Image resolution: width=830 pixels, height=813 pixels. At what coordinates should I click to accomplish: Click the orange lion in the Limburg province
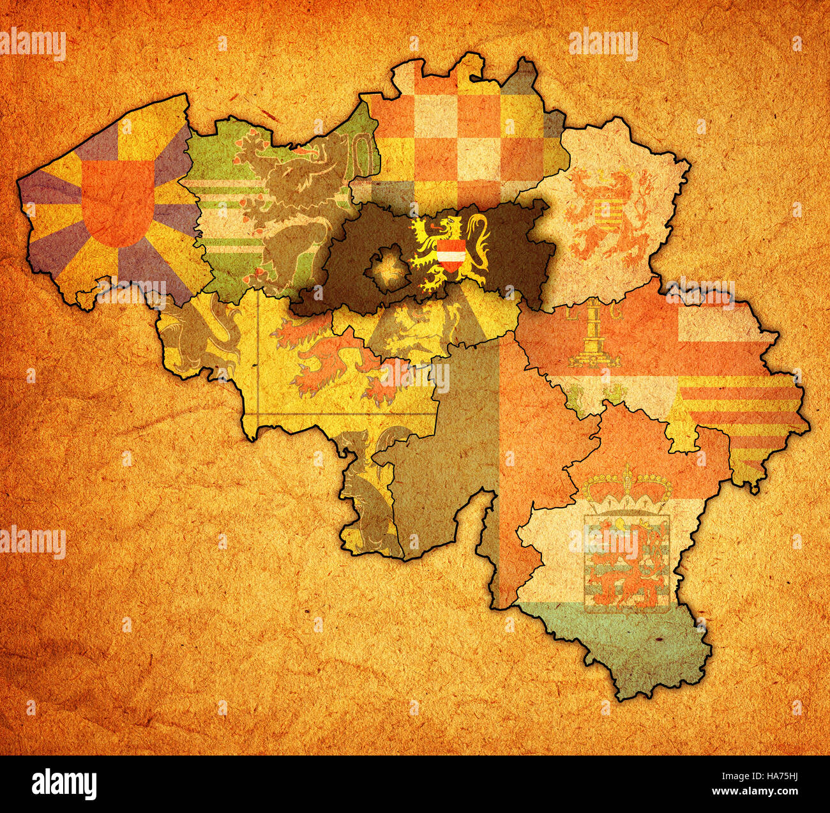(x=607, y=214)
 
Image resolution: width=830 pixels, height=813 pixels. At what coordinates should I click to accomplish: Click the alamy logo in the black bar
(x=64, y=784)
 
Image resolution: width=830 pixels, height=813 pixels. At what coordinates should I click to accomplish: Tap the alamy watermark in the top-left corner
(x=33, y=45)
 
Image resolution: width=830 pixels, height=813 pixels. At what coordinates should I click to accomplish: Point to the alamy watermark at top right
(x=603, y=45)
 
